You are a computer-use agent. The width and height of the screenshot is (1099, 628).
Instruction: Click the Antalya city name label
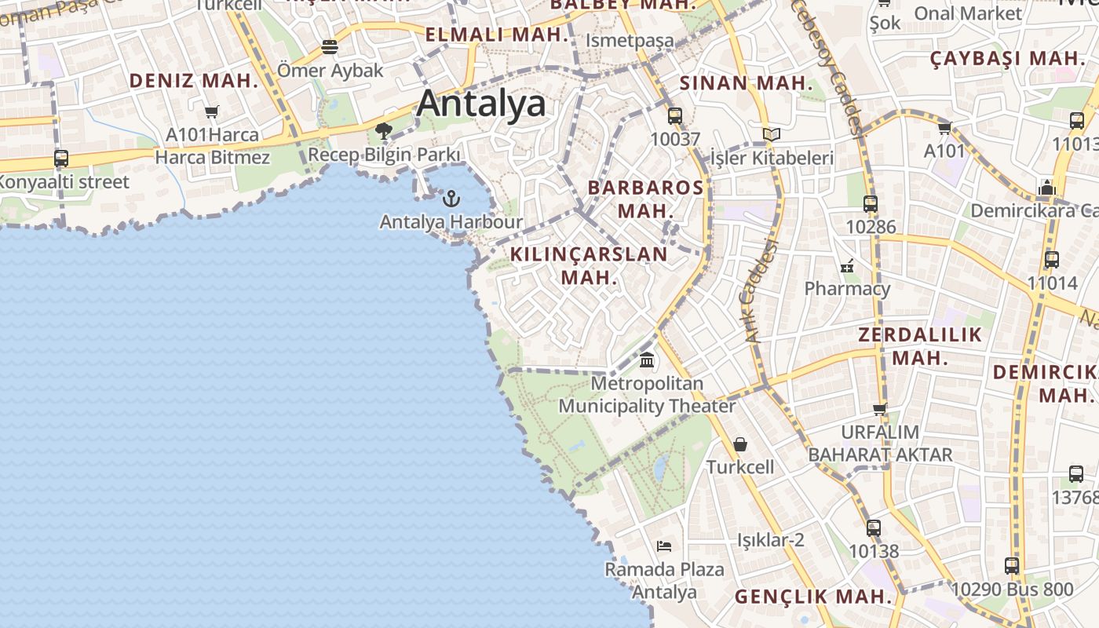tap(481, 104)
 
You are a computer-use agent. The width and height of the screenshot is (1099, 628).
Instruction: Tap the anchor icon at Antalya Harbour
tap(451, 199)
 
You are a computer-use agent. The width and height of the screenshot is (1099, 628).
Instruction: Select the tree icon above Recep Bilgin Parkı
tap(384, 130)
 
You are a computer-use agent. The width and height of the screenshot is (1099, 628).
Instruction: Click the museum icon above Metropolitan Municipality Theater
tap(647, 360)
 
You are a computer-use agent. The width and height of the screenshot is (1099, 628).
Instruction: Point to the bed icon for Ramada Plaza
tap(664, 546)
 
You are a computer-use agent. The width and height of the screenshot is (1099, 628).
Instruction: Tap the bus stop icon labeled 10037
tap(674, 116)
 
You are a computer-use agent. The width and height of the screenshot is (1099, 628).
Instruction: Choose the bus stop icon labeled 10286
tap(870, 204)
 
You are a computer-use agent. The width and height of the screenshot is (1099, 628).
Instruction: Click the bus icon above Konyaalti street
tap(61, 158)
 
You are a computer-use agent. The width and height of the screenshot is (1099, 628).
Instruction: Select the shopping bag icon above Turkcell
tap(739, 444)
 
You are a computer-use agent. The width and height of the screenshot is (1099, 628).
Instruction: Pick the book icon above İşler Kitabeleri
tap(771, 135)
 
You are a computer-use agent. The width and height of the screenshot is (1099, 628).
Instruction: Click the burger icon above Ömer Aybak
tap(330, 47)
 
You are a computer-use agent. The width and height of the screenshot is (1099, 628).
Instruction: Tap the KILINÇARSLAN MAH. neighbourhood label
tap(588, 265)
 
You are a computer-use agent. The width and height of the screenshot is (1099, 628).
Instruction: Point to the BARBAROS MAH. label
tap(645, 199)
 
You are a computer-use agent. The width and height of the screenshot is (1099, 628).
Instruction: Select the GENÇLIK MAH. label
tap(813, 597)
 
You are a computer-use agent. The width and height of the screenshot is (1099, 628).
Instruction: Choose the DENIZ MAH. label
tap(194, 80)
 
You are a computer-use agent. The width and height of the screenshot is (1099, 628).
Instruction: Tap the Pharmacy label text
tap(847, 289)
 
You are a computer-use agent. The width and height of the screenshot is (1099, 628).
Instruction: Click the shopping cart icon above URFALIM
tap(880, 408)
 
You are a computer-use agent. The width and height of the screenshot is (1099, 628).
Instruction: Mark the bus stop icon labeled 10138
tap(873, 528)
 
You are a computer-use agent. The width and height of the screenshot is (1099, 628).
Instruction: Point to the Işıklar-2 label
tap(771, 540)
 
